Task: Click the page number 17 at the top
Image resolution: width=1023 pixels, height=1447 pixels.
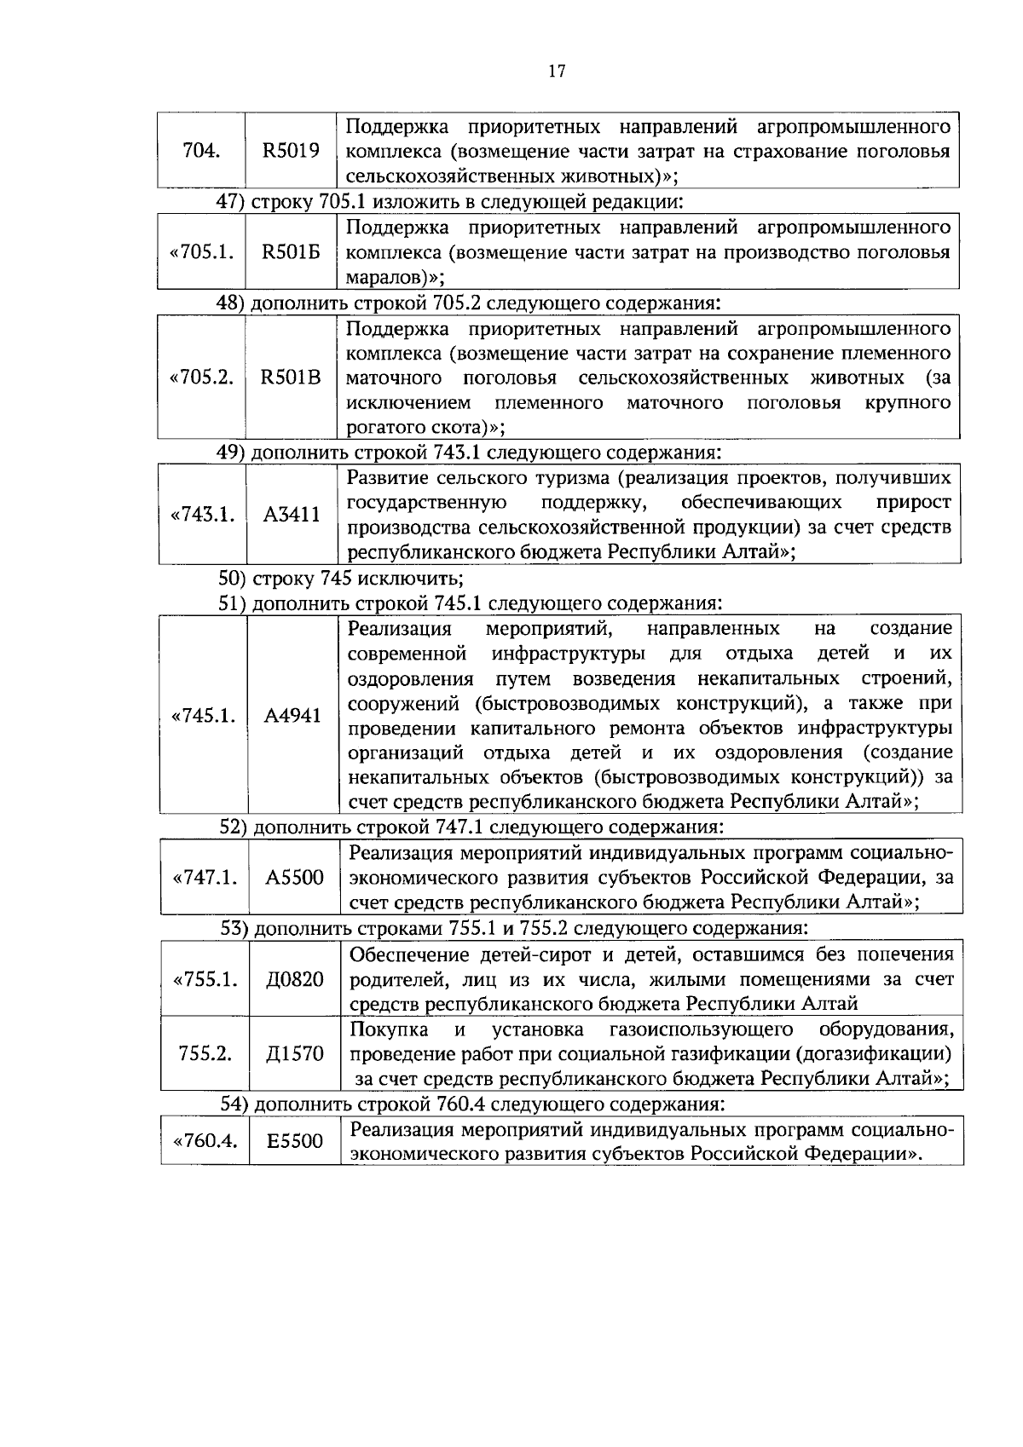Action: pos(556,72)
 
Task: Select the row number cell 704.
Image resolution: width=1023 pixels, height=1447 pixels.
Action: pos(202,152)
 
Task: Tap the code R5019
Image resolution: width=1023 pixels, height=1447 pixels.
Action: pos(291,152)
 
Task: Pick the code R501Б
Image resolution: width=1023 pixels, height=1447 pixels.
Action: pos(291,253)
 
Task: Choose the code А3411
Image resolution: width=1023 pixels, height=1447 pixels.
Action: pos(292,515)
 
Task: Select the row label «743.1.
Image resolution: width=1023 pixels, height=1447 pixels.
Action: pos(203,515)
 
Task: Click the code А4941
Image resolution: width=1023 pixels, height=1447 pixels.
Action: pos(292,716)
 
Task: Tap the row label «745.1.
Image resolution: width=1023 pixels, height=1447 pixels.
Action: pos(204,716)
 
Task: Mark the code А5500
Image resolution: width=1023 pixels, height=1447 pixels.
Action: pos(294,879)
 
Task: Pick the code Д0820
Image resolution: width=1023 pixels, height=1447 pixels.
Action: pos(295,980)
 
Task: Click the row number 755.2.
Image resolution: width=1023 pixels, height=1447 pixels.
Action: pos(205,1054)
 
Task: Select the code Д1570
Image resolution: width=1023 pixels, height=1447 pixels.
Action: pos(295,1054)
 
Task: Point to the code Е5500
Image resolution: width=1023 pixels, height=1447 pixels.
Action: pos(295,1141)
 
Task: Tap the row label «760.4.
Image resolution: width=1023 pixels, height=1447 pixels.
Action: pos(205,1141)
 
